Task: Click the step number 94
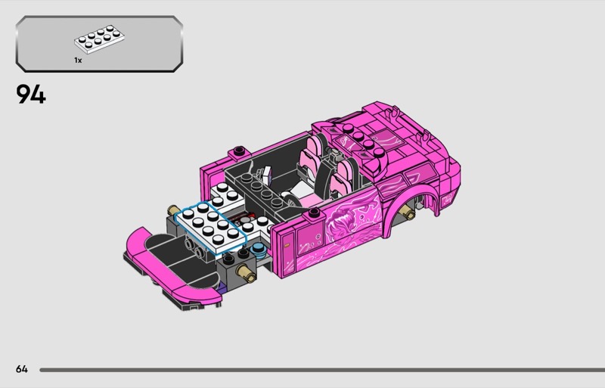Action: pos(31,95)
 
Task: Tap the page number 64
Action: pos(22,369)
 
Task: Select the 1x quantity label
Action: pos(78,61)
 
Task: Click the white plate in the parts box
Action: pos(100,39)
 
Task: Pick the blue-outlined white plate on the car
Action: pos(211,228)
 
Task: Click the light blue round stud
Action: pos(258,249)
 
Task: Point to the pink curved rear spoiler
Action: pos(169,266)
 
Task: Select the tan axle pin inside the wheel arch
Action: pos(408,211)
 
